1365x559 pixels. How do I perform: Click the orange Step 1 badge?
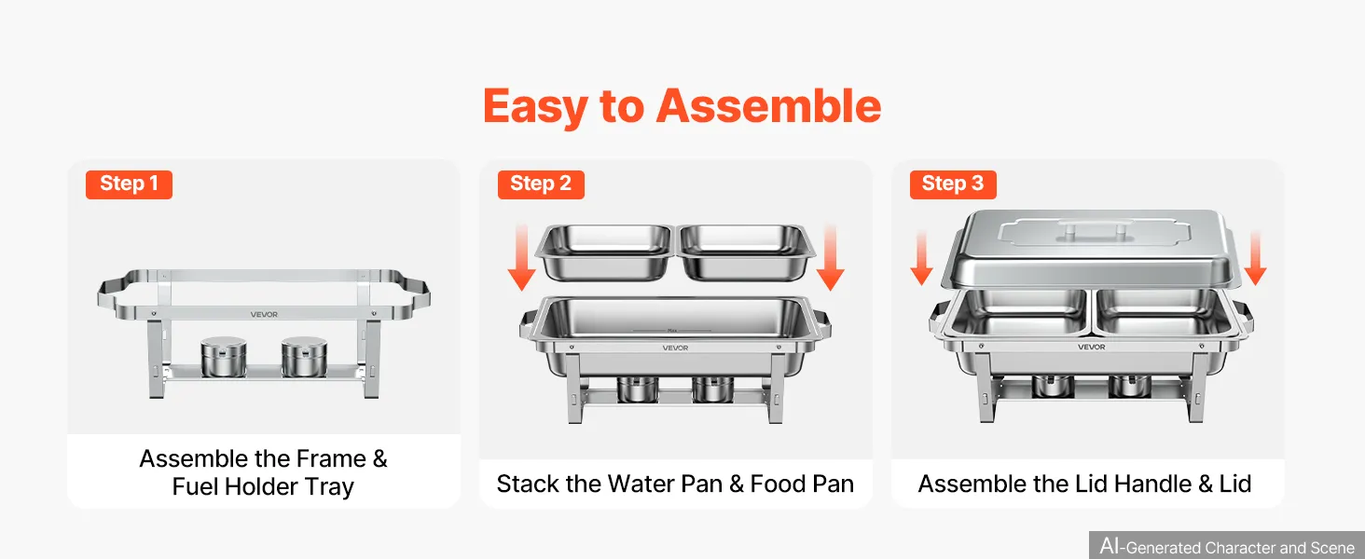point(129,184)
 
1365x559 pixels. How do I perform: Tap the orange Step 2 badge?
point(541,184)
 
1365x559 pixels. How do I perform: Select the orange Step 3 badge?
point(953,184)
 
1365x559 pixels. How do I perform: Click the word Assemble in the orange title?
point(768,106)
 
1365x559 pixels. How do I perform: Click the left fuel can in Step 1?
point(224,357)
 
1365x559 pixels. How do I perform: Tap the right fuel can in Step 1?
point(304,357)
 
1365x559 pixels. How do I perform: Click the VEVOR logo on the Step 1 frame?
point(264,315)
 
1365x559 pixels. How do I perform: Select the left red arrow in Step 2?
point(521,257)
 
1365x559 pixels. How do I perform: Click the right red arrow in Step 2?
point(830,257)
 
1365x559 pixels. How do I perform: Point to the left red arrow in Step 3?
point(921,257)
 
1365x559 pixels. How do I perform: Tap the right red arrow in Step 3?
point(1255,257)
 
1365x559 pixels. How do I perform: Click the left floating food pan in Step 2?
point(604,252)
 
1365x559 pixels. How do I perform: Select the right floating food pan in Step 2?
point(746,252)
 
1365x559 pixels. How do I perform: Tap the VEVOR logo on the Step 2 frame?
point(675,348)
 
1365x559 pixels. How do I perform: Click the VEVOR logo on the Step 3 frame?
point(1091,348)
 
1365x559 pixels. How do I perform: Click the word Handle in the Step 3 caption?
point(1153,484)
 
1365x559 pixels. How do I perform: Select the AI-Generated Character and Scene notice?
point(1227,546)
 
